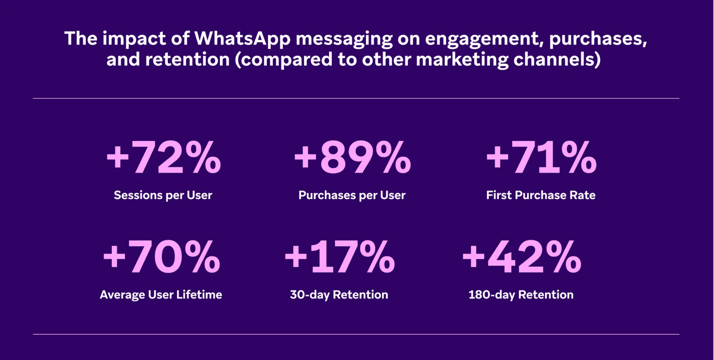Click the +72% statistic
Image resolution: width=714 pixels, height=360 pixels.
164,158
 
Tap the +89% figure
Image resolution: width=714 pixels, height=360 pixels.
352,158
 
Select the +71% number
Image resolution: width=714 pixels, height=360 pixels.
541,158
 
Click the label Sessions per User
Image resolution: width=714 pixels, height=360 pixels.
163,195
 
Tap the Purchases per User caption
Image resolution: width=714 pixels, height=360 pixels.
352,195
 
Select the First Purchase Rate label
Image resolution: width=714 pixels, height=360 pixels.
541,195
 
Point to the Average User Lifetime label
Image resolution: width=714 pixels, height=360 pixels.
161,295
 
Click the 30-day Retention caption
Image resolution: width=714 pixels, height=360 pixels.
339,295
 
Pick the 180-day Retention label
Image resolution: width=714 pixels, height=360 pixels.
521,295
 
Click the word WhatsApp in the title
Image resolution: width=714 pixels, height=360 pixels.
242,39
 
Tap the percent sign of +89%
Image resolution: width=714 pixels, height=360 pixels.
393,158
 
